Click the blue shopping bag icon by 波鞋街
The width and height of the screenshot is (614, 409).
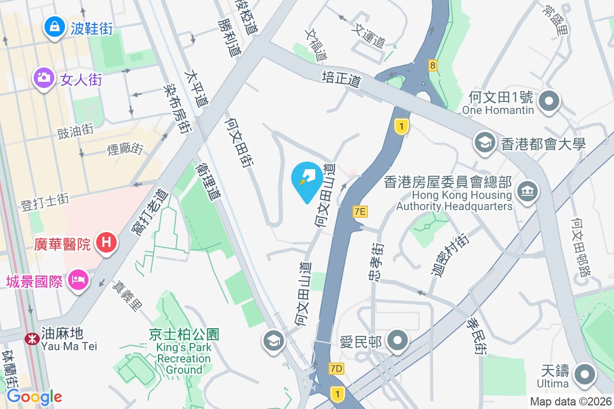tap(54, 27)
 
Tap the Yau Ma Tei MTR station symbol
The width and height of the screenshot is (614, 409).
tap(32, 338)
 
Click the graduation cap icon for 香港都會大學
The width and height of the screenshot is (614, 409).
tap(484, 143)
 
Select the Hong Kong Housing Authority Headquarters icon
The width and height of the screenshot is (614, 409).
tap(525, 192)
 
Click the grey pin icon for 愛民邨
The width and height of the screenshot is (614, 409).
tap(397, 340)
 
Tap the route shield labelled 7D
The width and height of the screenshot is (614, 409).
tap(336, 369)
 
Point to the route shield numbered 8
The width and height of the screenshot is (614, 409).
tap(433, 65)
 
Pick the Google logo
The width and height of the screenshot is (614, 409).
tap(34, 396)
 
